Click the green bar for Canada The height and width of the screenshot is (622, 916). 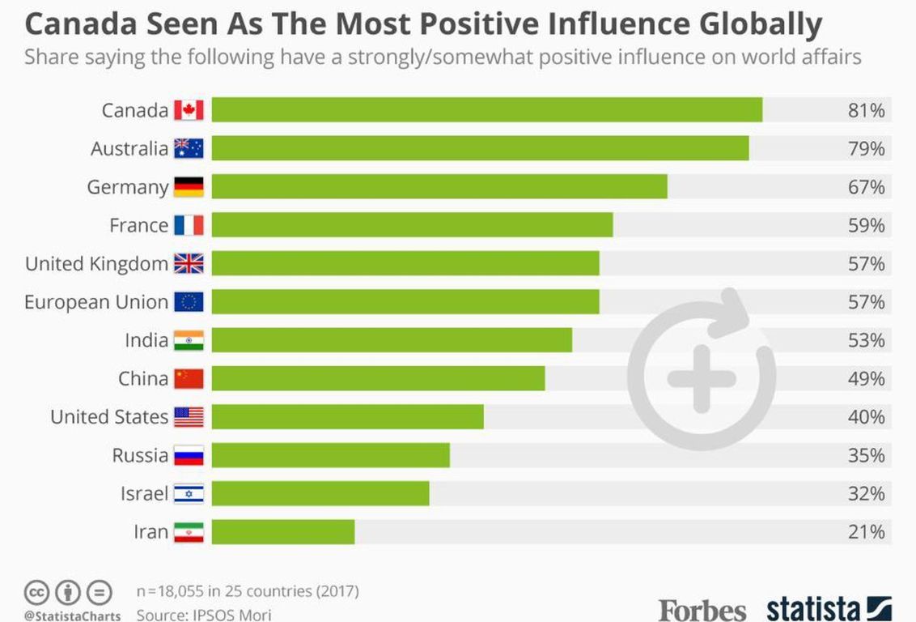click(x=486, y=110)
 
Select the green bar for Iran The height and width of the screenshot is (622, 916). click(x=283, y=532)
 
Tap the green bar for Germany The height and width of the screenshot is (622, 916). click(x=439, y=187)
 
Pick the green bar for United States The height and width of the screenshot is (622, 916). click(x=348, y=417)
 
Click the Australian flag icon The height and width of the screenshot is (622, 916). click(x=189, y=148)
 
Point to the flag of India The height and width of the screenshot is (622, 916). click(x=189, y=340)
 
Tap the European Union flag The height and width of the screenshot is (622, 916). click(x=189, y=302)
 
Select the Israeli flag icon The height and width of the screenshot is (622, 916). click(x=189, y=494)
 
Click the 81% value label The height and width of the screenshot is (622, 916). click(x=866, y=110)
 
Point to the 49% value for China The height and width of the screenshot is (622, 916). click(x=866, y=378)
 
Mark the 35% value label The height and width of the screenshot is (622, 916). click(x=866, y=455)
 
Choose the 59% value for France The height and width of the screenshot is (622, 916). click(x=866, y=225)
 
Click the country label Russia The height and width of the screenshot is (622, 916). click(x=140, y=455)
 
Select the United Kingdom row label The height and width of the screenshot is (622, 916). click(x=96, y=264)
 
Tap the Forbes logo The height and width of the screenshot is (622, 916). click(x=702, y=608)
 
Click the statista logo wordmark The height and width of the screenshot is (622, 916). click(x=813, y=608)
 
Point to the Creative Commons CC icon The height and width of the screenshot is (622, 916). click(x=37, y=592)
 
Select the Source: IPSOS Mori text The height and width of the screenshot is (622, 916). click(x=204, y=615)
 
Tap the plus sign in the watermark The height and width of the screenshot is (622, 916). click(x=702, y=378)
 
